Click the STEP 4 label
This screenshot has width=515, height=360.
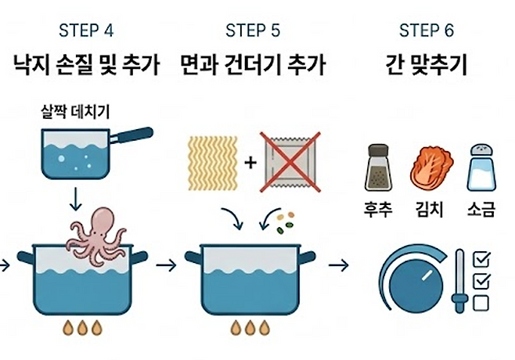click(85, 31)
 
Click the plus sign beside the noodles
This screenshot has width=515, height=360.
click(250, 163)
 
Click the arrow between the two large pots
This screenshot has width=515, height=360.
click(166, 265)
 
